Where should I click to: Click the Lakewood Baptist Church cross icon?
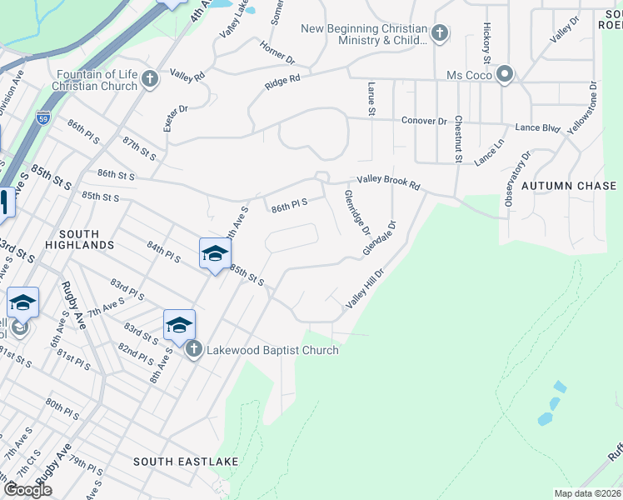pos(193,349)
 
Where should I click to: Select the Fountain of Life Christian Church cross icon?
pos(150,80)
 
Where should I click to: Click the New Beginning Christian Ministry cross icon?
pos(440,34)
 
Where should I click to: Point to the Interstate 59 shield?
pos(43,117)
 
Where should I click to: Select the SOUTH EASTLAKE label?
pos(186,461)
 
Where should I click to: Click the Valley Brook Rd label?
pos(389,180)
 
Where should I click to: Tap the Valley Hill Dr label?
pos(365,288)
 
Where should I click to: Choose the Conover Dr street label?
pos(424,121)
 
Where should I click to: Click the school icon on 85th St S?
pos(214,253)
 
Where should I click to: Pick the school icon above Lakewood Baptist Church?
pos(179,325)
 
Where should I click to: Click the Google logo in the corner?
pos(27,489)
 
